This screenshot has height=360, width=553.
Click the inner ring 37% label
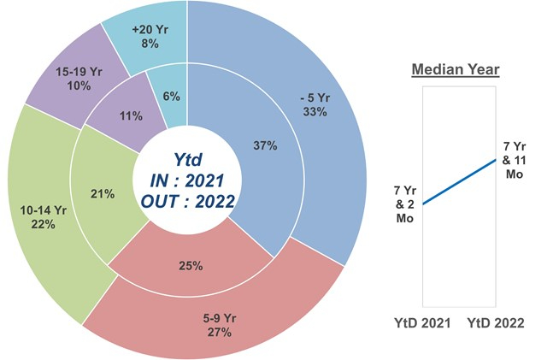(264, 145)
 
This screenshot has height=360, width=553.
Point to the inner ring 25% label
(191, 265)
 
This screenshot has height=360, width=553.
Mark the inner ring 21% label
(103, 194)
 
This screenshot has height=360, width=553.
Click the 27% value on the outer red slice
(220, 332)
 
